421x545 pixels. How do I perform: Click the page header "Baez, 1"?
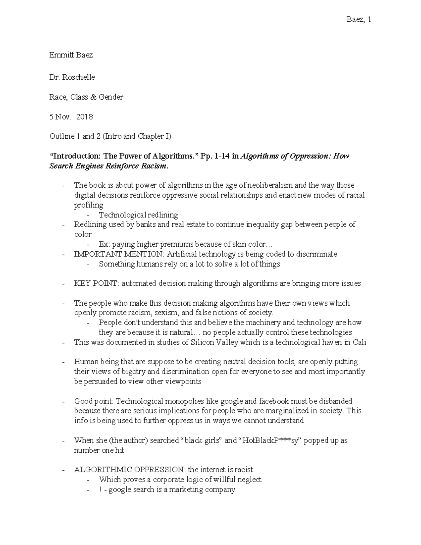click(x=359, y=19)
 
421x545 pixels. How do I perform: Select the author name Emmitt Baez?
click(x=71, y=55)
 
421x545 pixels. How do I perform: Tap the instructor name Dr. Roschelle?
click(x=72, y=77)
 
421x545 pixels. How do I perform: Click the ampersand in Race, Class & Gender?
click(x=93, y=97)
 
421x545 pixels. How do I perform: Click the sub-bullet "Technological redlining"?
click(x=138, y=215)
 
